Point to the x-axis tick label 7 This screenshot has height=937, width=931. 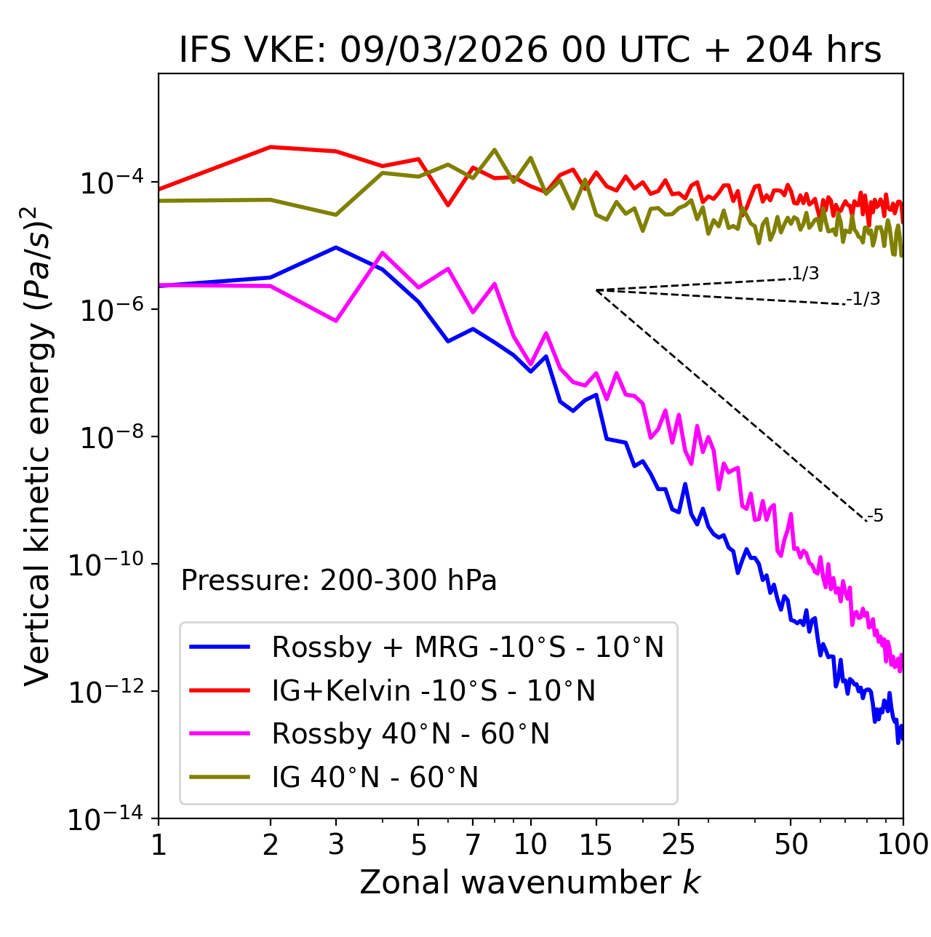[473, 845]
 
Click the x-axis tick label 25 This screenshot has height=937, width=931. [678, 845]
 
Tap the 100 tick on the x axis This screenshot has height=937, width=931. [902, 845]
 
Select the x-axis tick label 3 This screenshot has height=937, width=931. [336, 845]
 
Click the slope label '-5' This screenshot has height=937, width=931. [875, 517]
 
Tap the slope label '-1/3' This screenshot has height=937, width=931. [864, 299]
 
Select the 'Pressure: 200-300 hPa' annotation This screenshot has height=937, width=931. [339, 581]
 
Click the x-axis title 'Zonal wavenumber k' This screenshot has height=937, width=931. [530, 882]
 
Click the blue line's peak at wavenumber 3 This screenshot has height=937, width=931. [336, 247]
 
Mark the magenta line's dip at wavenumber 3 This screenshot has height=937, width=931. [336, 321]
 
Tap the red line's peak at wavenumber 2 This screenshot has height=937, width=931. [271, 147]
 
